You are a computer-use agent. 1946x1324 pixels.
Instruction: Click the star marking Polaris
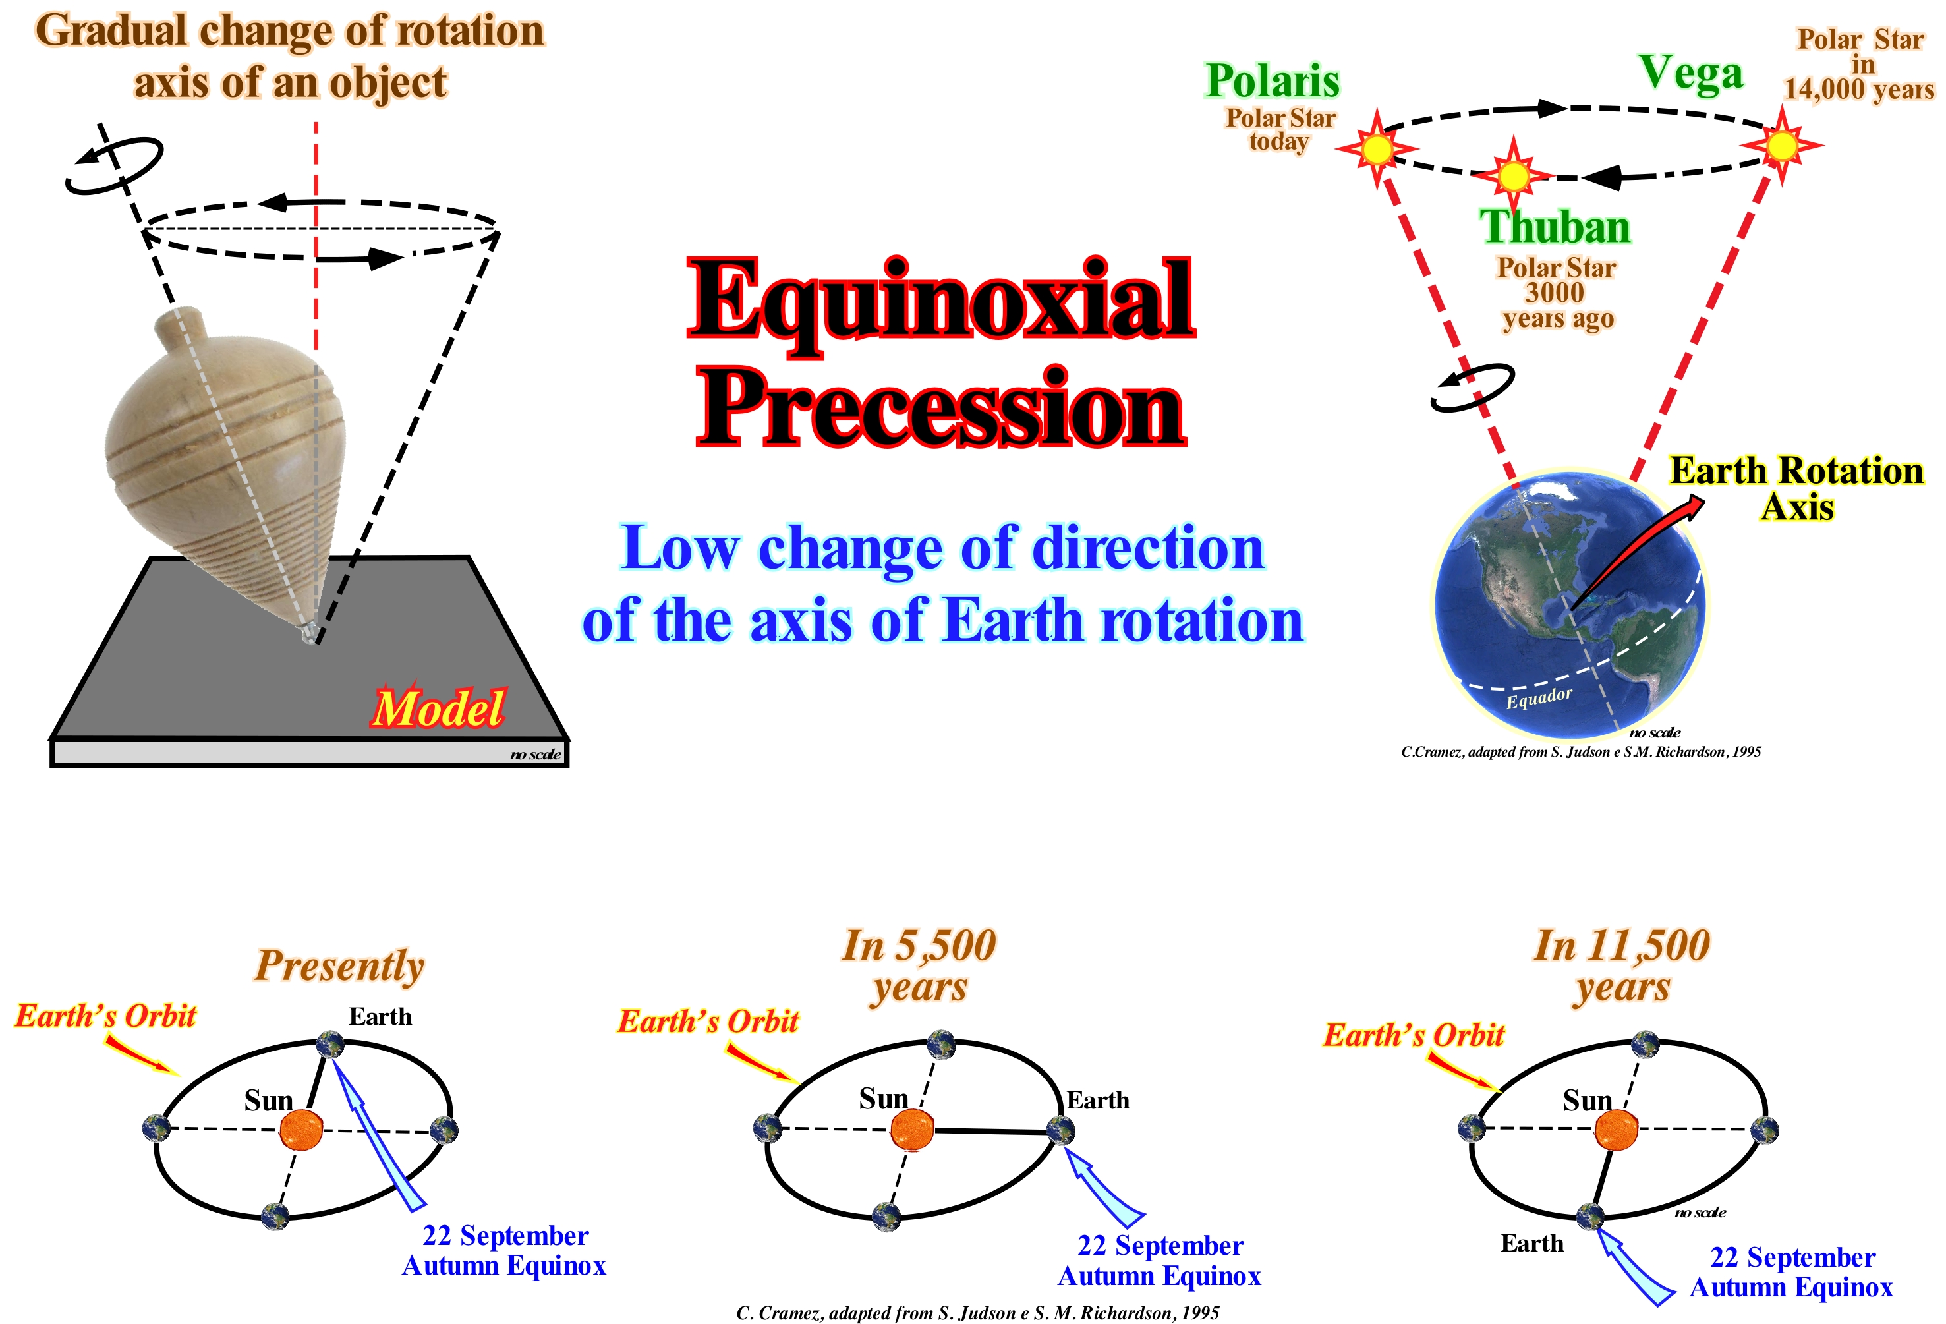tap(1377, 149)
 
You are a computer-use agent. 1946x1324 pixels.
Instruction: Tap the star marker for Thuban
tap(1513, 176)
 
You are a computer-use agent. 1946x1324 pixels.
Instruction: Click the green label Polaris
tap(1273, 81)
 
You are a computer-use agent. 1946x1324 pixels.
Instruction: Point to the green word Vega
tap(1690, 74)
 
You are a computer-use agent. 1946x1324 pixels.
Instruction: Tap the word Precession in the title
tap(941, 409)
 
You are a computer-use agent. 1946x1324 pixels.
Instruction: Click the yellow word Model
tap(438, 708)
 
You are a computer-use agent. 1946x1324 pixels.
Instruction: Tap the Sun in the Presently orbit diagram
tap(300, 1130)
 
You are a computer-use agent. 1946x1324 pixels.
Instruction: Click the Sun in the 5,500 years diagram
tap(912, 1130)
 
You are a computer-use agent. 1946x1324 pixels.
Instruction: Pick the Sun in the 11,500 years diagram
tap(1616, 1130)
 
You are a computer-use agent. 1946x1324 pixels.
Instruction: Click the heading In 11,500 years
tap(1622, 965)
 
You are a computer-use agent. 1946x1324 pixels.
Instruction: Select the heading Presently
tap(339, 965)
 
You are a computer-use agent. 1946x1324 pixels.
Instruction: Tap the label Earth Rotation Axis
tap(1796, 488)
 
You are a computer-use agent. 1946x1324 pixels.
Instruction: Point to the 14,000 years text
tap(1859, 89)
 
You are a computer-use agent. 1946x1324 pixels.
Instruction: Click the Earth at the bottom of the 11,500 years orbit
tap(1590, 1216)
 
